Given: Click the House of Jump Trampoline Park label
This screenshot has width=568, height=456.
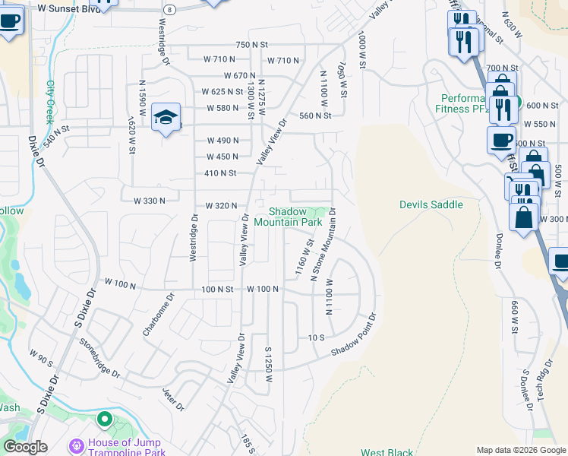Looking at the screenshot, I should point(127,448).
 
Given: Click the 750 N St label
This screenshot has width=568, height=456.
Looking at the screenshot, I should point(252,45).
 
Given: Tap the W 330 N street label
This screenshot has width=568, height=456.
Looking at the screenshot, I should point(149,201).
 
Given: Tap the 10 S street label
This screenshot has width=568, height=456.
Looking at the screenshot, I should point(317,337).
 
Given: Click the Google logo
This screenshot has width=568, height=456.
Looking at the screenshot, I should point(25,447).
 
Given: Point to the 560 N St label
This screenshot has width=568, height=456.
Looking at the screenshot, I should point(316,116).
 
